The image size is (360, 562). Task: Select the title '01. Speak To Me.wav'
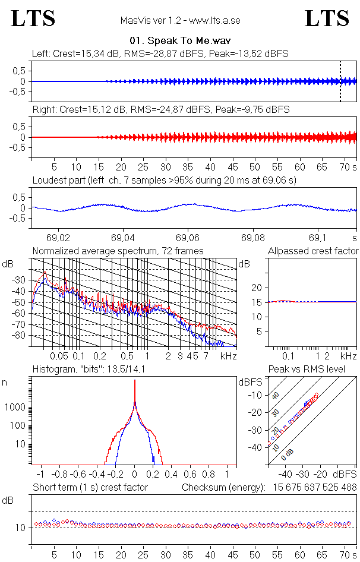coord(180,41)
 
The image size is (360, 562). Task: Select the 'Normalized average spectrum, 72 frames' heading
coord(118,251)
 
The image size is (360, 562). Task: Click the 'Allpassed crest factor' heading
coord(313,251)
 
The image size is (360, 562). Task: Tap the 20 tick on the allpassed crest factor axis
coord(257,288)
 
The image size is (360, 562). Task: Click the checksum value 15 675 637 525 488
coord(315,488)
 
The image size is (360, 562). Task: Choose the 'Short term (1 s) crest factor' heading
coord(90,488)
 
